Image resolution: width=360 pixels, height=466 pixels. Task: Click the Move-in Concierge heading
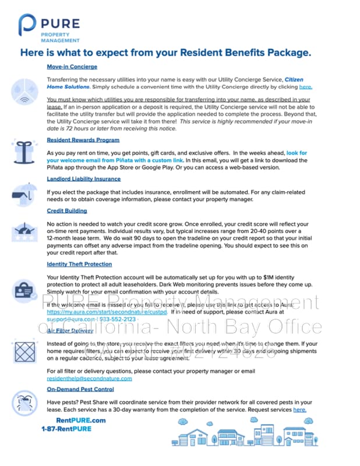coord(72,66)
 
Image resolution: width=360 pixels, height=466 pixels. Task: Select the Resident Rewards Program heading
coord(83,140)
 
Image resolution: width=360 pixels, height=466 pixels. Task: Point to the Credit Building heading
coord(68,211)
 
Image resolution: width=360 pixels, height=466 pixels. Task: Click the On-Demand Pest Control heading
coord(80,389)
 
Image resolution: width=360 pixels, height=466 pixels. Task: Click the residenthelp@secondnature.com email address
coord(89,378)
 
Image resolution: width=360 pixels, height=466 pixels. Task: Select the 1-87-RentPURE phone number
coord(66,429)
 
